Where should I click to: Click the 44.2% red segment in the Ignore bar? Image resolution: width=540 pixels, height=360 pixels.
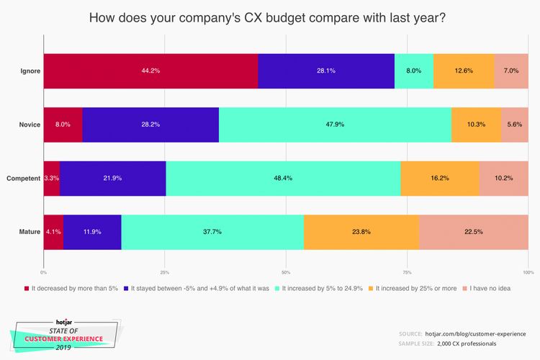pos(150,71)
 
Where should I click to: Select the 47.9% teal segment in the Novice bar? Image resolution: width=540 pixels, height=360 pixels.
pos(335,124)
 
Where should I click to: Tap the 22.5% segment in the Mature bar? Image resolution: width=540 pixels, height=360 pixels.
pos(473,232)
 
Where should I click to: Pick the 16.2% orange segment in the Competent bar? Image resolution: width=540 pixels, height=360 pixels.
pos(439,178)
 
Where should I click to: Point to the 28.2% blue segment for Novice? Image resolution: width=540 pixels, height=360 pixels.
pos(150,124)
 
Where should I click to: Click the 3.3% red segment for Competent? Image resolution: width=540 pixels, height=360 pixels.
pos(51,178)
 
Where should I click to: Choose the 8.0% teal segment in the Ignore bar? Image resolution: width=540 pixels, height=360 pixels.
pos(413,71)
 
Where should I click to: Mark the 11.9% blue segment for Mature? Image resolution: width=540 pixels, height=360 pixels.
pos(92,232)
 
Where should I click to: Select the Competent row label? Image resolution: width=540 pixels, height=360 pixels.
pos(22,178)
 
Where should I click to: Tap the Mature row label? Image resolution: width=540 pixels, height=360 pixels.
pos(30,232)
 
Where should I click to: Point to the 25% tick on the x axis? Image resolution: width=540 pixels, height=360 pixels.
pos(164,272)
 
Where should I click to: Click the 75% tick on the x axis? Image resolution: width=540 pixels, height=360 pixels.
pos(407,272)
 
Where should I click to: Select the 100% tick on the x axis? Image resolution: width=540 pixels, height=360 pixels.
pos(528,272)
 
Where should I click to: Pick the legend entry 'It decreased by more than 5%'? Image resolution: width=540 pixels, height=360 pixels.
pos(73,288)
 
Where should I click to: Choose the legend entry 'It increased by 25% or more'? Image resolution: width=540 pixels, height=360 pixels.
pos(415,288)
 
